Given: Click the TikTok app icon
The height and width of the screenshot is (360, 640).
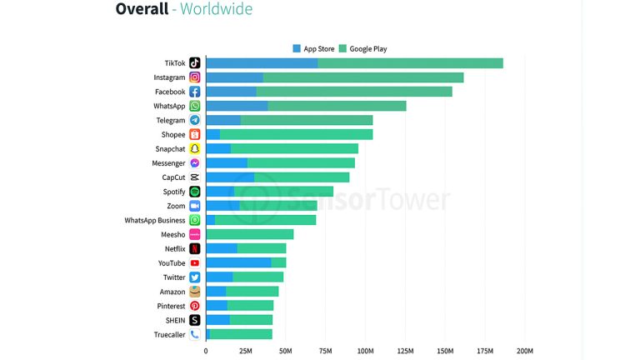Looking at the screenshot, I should pyautogui.click(x=194, y=63).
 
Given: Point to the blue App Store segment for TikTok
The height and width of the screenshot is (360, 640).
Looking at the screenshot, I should pyautogui.click(x=262, y=63).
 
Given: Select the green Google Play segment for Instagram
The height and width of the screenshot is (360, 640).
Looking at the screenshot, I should pyautogui.click(x=363, y=77).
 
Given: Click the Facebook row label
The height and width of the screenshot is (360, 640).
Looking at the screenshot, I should pyautogui.click(x=170, y=92).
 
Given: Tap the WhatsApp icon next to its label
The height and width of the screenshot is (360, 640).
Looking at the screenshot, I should pyautogui.click(x=194, y=106).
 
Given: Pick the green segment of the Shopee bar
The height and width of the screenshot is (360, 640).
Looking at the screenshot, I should pyautogui.click(x=296, y=134).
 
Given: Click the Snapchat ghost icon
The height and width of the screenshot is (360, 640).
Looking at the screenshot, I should pyautogui.click(x=194, y=148).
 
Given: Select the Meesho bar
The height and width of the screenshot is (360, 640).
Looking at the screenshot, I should pyautogui.click(x=250, y=234).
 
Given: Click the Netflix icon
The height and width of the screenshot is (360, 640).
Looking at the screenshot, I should pyautogui.click(x=194, y=248).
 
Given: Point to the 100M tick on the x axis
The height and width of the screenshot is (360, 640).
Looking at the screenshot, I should pyautogui.click(x=365, y=351).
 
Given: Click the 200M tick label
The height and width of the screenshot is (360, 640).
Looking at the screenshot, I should pyautogui.click(x=525, y=351).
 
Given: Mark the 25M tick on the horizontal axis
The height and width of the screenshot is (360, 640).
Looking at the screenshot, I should pyautogui.click(x=246, y=351).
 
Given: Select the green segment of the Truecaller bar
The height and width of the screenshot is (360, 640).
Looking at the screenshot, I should pyautogui.click(x=241, y=334).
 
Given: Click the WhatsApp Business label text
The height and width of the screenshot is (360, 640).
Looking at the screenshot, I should pyautogui.click(x=155, y=220).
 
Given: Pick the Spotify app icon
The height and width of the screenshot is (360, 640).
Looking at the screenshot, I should pyautogui.click(x=194, y=192).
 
